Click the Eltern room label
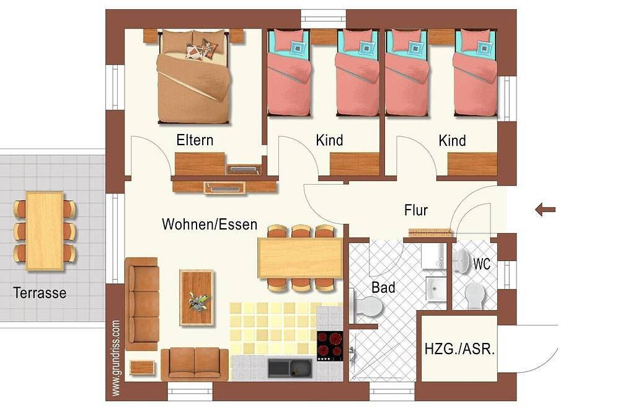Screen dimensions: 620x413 pyautogui.click(x=195, y=140)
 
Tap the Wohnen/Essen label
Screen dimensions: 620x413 pyautogui.click(x=210, y=224)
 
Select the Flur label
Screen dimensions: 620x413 pyautogui.click(x=416, y=210)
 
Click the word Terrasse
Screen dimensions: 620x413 pyautogui.click(x=40, y=293)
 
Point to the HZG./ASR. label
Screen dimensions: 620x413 pyautogui.click(x=459, y=349)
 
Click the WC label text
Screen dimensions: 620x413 pyautogui.click(x=482, y=264)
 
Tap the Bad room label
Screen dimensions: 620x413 pyautogui.click(x=383, y=287)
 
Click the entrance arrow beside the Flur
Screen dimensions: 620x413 pyautogui.click(x=545, y=209)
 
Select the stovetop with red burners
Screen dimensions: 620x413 pyautogui.click(x=330, y=346)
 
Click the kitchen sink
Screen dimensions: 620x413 pyautogui.click(x=290, y=368)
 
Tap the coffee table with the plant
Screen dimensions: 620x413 pyautogui.click(x=197, y=298)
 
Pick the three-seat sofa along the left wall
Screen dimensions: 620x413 pyautogui.click(x=142, y=304)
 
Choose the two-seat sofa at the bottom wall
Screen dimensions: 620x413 pyautogui.click(x=195, y=364)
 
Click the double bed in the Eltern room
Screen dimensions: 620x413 pyautogui.click(x=193, y=76)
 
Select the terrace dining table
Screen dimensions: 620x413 pyautogui.click(x=45, y=231)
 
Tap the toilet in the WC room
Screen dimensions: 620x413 pyautogui.click(x=475, y=296)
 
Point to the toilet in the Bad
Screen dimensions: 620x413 pyautogui.click(x=368, y=306)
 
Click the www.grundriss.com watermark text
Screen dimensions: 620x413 pyautogui.click(x=115, y=358)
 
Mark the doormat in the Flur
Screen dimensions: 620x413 pyautogui.click(x=430, y=232)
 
